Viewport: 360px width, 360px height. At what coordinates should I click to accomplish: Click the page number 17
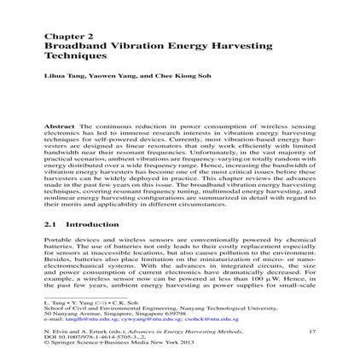312,329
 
